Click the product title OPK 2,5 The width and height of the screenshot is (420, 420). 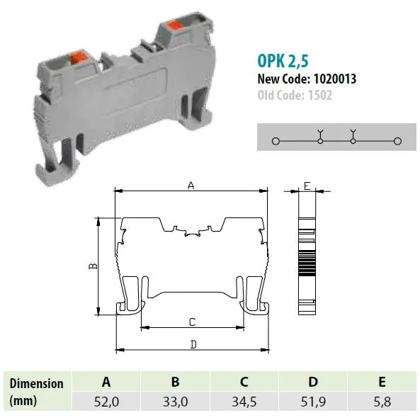[283, 61]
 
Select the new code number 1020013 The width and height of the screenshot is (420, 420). [335, 79]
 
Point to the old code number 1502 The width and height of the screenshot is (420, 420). [320, 95]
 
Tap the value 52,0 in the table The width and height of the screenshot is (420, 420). [106, 402]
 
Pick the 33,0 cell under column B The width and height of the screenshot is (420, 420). [175, 402]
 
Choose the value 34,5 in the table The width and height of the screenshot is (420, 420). [244, 402]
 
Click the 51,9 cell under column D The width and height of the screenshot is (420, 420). [313, 402]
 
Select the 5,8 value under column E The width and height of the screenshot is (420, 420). [382, 402]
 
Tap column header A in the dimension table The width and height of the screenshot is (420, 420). [106, 382]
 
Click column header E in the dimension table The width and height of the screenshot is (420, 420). [382, 382]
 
